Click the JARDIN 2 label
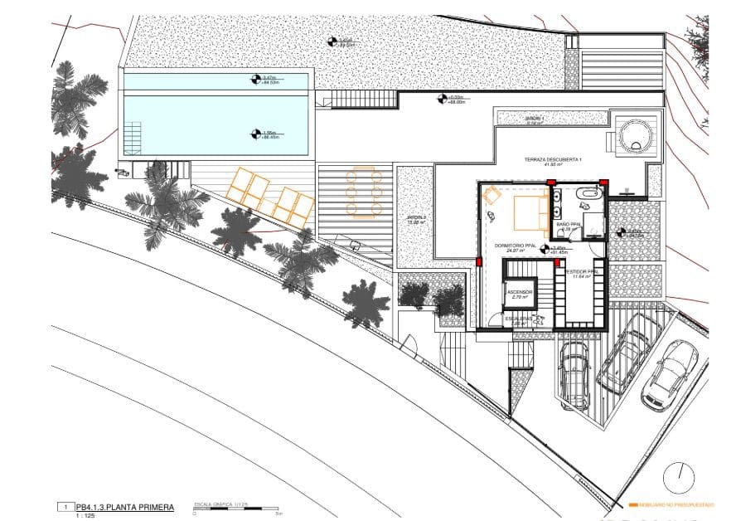(415, 219)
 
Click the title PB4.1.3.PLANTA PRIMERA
(124, 505)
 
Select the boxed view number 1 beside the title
(64, 505)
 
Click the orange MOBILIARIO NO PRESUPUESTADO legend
(671, 504)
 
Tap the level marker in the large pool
(256, 133)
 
